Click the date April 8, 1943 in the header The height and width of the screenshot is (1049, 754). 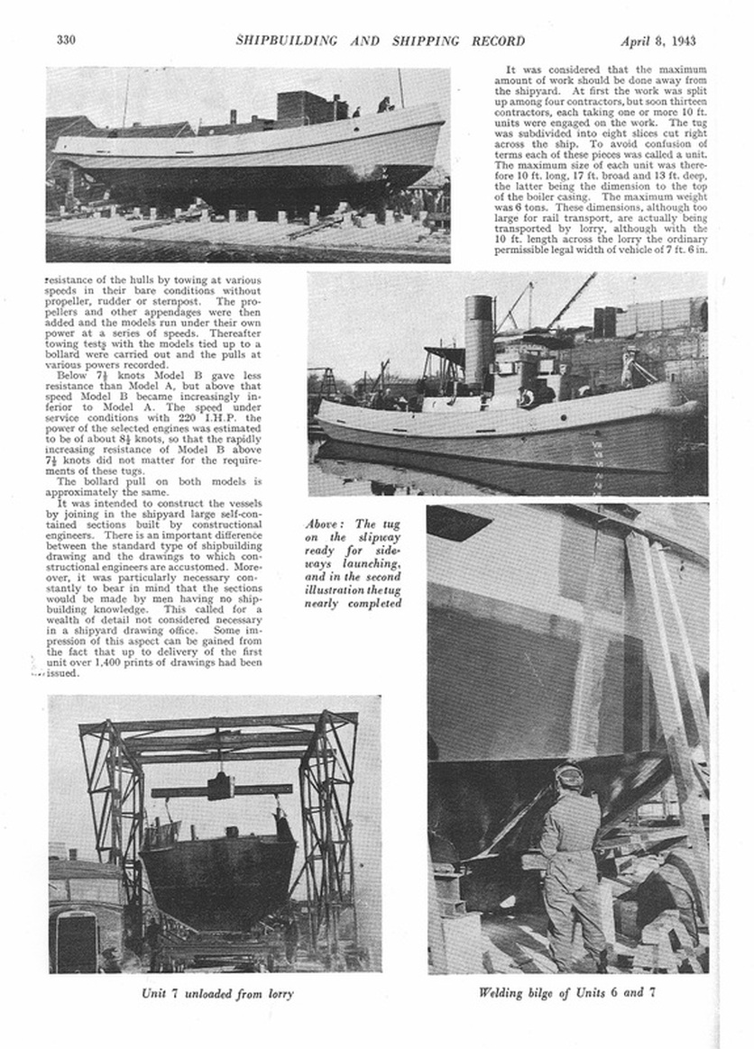pos(657,41)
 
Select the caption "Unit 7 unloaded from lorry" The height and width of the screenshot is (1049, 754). pos(217,994)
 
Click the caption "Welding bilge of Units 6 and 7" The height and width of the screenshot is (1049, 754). pos(567,994)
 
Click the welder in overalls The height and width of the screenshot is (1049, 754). pos(571,865)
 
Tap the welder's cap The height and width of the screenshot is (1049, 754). pos(569,771)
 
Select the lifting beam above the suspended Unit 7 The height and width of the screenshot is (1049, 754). pos(221,789)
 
